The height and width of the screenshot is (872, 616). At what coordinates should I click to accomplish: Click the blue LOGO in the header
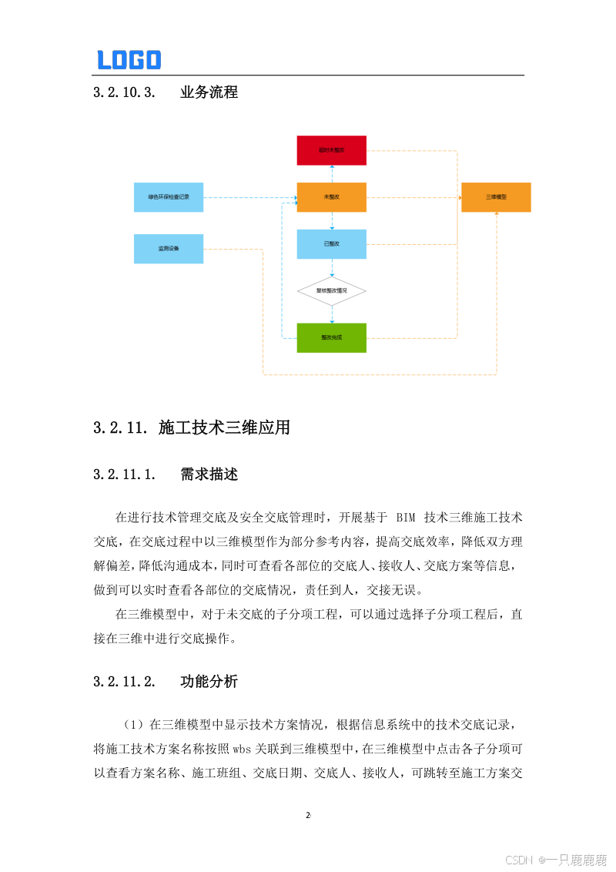(x=129, y=59)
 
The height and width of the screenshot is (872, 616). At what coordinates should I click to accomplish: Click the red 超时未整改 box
(x=332, y=150)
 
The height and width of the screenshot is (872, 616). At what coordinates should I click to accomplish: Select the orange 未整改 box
(x=332, y=198)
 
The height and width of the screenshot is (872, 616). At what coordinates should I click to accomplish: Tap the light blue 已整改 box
(x=332, y=244)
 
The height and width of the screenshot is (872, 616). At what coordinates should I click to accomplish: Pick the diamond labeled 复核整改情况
(x=332, y=291)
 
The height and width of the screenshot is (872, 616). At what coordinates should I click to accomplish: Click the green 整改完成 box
(x=332, y=337)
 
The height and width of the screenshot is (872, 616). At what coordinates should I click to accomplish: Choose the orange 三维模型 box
(x=496, y=198)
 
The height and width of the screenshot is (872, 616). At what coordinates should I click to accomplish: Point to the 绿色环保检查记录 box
(x=169, y=198)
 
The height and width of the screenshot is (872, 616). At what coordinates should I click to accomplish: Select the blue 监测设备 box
(x=169, y=249)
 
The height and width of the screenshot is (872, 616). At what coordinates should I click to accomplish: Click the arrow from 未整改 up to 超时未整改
(x=332, y=173)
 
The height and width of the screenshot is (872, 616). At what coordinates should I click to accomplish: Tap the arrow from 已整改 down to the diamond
(x=332, y=267)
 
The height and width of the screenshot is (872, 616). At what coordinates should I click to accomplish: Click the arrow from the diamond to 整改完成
(x=332, y=314)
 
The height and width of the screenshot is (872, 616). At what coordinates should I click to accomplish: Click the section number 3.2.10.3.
(x=124, y=92)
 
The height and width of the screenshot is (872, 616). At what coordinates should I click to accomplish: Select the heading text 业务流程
(x=209, y=92)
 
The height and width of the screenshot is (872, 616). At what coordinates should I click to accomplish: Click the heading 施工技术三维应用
(x=224, y=428)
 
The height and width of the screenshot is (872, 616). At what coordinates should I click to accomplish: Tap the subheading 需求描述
(x=209, y=475)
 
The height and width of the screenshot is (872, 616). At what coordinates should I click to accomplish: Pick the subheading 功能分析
(x=209, y=682)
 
